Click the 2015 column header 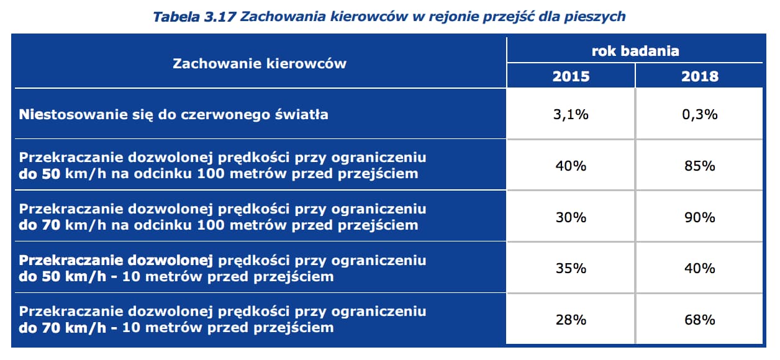tap(571, 76)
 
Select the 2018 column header tap(699, 76)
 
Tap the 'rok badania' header tap(635, 51)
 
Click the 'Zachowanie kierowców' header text tap(260, 63)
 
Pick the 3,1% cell tap(571, 115)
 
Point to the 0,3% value tap(699, 115)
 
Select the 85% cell tap(699, 166)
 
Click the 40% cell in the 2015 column tap(571, 166)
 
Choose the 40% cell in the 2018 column tap(699, 268)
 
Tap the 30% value tap(571, 217)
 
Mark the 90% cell tap(699, 217)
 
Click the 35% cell tap(571, 268)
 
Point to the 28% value tap(571, 320)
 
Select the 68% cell tap(699, 320)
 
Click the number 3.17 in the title tap(220, 16)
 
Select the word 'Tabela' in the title tap(176, 16)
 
